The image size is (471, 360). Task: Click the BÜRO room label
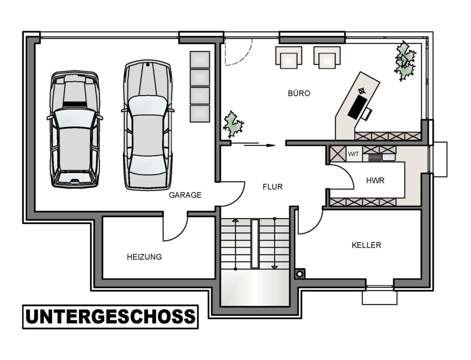coord(299,93)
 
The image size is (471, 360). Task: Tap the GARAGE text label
coord(185,195)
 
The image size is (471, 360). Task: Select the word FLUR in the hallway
coord(273,187)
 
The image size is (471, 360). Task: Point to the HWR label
coord(375,180)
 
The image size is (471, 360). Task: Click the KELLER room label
coord(367,245)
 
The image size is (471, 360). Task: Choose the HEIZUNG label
coord(144,257)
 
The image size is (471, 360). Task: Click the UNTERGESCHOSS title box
coord(110,317)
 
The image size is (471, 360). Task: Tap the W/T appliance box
coord(354,154)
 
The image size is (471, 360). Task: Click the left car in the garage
coord(75,129)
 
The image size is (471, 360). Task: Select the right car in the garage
coord(148,125)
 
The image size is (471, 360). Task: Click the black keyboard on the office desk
coord(357,106)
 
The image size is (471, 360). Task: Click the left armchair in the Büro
coord(289,58)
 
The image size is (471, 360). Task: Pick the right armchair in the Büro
coord(327,58)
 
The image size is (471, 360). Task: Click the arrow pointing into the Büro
coord(260,145)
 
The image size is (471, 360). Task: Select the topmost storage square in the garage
coord(200,59)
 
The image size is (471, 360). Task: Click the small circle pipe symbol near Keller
coord(299,274)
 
